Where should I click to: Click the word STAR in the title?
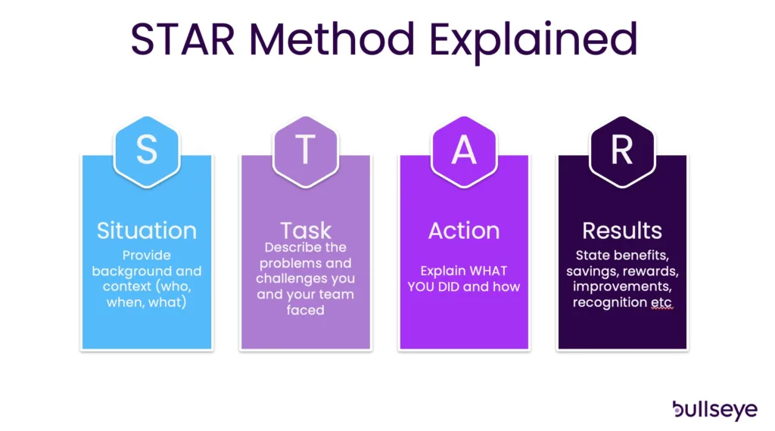click(x=182, y=39)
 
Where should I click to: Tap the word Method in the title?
click(x=332, y=39)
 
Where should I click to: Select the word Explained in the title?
click(x=534, y=42)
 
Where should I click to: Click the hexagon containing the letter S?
click(x=147, y=151)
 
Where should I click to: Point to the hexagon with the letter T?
click(x=306, y=151)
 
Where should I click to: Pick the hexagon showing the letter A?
click(x=464, y=151)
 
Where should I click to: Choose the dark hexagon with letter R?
click(x=622, y=151)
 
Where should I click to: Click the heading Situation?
click(x=147, y=231)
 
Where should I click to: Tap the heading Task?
click(x=306, y=230)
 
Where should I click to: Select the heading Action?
click(x=464, y=231)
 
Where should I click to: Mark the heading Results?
click(x=622, y=231)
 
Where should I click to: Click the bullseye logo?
click(x=714, y=410)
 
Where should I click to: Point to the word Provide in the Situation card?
click(x=147, y=256)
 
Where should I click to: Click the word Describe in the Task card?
click(x=285, y=247)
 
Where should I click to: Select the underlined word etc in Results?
click(x=661, y=302)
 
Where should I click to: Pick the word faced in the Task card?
click(x=306, y=310)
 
